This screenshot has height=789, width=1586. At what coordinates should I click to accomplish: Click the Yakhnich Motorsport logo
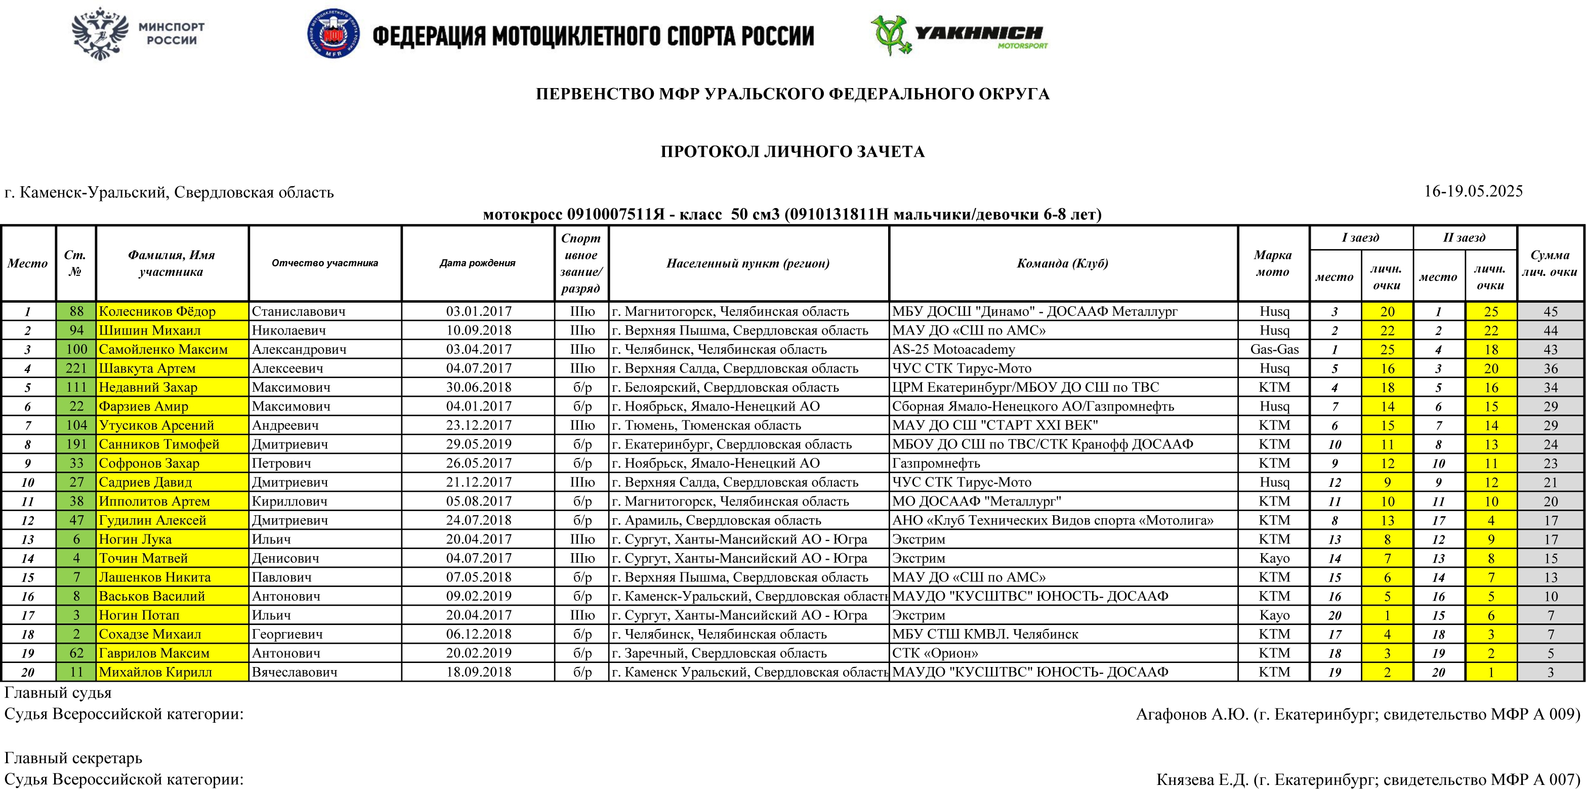click(x=958, y=35)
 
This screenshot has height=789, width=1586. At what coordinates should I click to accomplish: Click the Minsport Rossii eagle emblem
click(x=100, y=34)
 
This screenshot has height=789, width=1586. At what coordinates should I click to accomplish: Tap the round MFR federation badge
click(x=333, y=34)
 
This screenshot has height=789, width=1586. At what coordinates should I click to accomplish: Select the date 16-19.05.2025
click(x=1473, y=191)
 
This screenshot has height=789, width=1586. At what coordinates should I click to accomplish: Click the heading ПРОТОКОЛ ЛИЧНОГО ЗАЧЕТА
click(x=792, y=151)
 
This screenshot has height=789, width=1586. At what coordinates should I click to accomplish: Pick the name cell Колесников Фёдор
click(x=157, y=312)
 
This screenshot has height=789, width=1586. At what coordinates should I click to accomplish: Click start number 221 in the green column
click(x=76, y=368)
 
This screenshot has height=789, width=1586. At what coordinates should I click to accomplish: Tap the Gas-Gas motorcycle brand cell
click(x=1274, y=350)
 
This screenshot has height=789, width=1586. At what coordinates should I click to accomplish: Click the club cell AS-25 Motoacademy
click(x=954, y=350)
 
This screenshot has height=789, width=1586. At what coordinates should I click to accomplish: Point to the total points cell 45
click(x=1550, y=312)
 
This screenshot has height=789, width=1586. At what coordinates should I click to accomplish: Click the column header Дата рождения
click(x=477, y=263)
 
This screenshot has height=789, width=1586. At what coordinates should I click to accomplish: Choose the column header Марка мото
click(x=1273, y=263)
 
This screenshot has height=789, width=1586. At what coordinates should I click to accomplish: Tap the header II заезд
click(x=1464, y=238)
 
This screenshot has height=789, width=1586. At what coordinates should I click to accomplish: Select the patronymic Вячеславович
click(x=295, y=672)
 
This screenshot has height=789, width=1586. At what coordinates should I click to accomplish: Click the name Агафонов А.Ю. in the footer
click(x=1191, y=715)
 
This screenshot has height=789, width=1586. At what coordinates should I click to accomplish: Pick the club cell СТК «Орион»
click(x=935, y=653)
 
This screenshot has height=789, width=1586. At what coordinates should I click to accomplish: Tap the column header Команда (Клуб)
click(x=1062, y=263)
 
